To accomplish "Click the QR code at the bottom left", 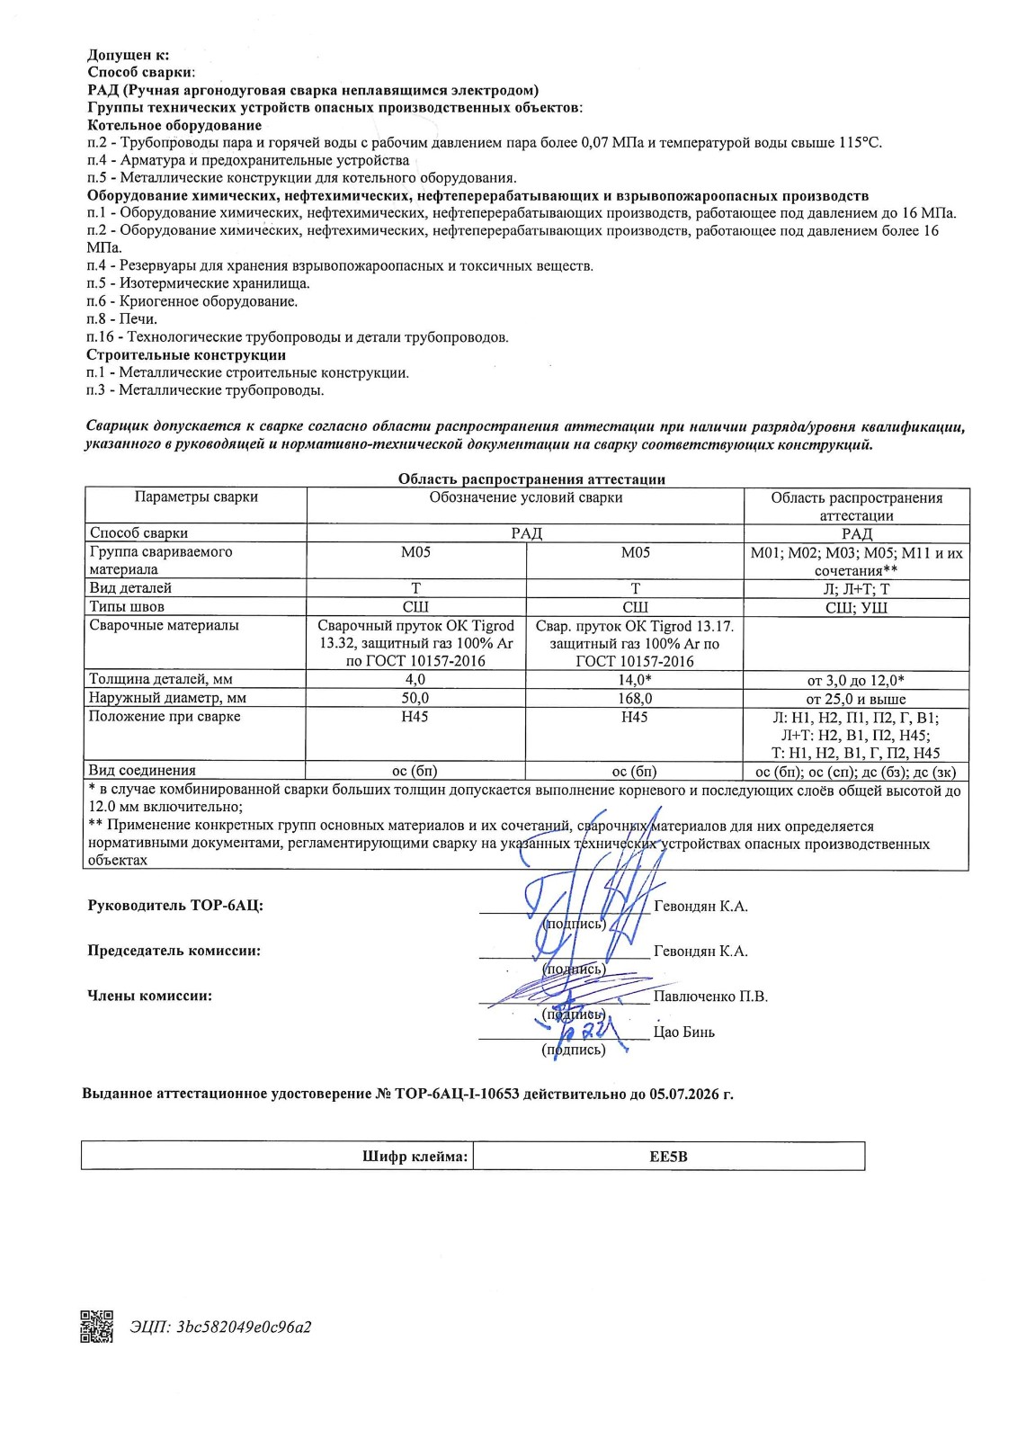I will [x=97, y=1326].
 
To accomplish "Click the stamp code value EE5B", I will [x=668, y=1157].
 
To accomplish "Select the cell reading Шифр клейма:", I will [x=415, y=1157].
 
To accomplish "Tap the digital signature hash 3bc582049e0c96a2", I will [x=220, y=1327].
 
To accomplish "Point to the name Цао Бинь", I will [x=683, y=1032].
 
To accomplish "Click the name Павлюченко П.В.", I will [x=710, y=996].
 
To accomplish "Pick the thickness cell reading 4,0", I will [x=415, y=680].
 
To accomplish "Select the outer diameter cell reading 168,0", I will [x=635, y=698].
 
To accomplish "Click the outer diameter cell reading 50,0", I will [x=415, y=698].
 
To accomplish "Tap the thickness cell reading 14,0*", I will [x=635, y=680].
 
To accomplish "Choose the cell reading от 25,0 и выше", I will [x=856, y=699].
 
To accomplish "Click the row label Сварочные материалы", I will [x=164, y=625].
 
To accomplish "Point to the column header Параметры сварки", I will [x=196, y=496].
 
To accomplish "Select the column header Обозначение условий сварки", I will [x=525, y=496].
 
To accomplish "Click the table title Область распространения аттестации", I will [x=531, y=479].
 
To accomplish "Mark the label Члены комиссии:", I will [x=149, y=995].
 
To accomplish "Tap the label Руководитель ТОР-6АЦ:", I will [x=175, y=906].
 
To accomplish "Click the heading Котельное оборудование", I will [x=174, y=125].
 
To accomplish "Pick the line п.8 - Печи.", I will [x=121, y=318].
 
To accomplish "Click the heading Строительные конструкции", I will [x=186, y=354].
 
